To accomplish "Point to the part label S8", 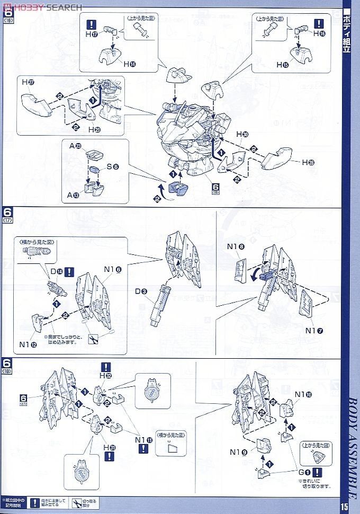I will pos(112,166).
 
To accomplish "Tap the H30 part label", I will pos(242,135).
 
